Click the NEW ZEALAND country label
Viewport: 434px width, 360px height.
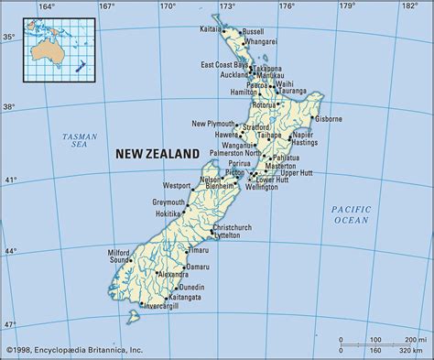click(157, 155)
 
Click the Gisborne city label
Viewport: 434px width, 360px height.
click(327, 119)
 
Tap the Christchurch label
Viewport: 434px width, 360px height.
click(232, 226)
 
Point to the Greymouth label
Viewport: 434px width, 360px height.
click(168, 202)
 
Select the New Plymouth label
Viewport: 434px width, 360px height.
click(213, 123)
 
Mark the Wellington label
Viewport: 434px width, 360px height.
click(261, 187)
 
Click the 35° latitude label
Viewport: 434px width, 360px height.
click(8, 38)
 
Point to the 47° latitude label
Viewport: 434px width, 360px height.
click(8, 324)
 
